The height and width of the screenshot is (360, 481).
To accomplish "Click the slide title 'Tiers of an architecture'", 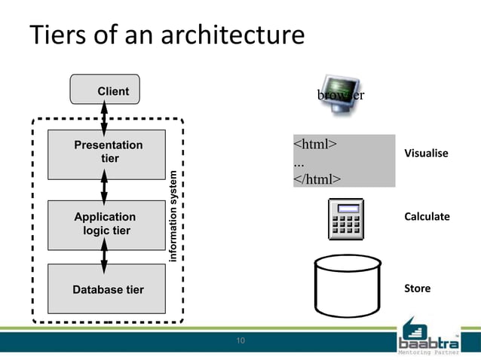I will (166, 35).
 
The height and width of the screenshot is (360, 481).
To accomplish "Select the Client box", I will (106, 90).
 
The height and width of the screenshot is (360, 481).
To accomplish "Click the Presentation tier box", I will (106, 153).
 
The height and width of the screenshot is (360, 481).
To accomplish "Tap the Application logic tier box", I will (106, 224).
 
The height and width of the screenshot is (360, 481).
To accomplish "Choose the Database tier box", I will (106, 289).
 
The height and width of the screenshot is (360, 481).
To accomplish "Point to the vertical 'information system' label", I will (173, 217).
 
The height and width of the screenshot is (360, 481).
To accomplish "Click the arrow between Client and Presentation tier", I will (104, 117).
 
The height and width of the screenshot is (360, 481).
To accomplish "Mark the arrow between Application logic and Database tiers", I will (104, 257).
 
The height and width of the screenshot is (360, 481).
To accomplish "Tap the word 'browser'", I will (341, 96).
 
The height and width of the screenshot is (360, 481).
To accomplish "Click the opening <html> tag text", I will (314, 143).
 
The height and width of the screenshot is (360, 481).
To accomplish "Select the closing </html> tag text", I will (317, 178).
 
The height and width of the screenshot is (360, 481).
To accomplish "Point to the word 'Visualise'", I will (426, 154).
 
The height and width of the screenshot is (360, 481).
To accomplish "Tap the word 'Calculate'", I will (427, 217).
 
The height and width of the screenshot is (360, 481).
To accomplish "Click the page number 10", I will (240, 342).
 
